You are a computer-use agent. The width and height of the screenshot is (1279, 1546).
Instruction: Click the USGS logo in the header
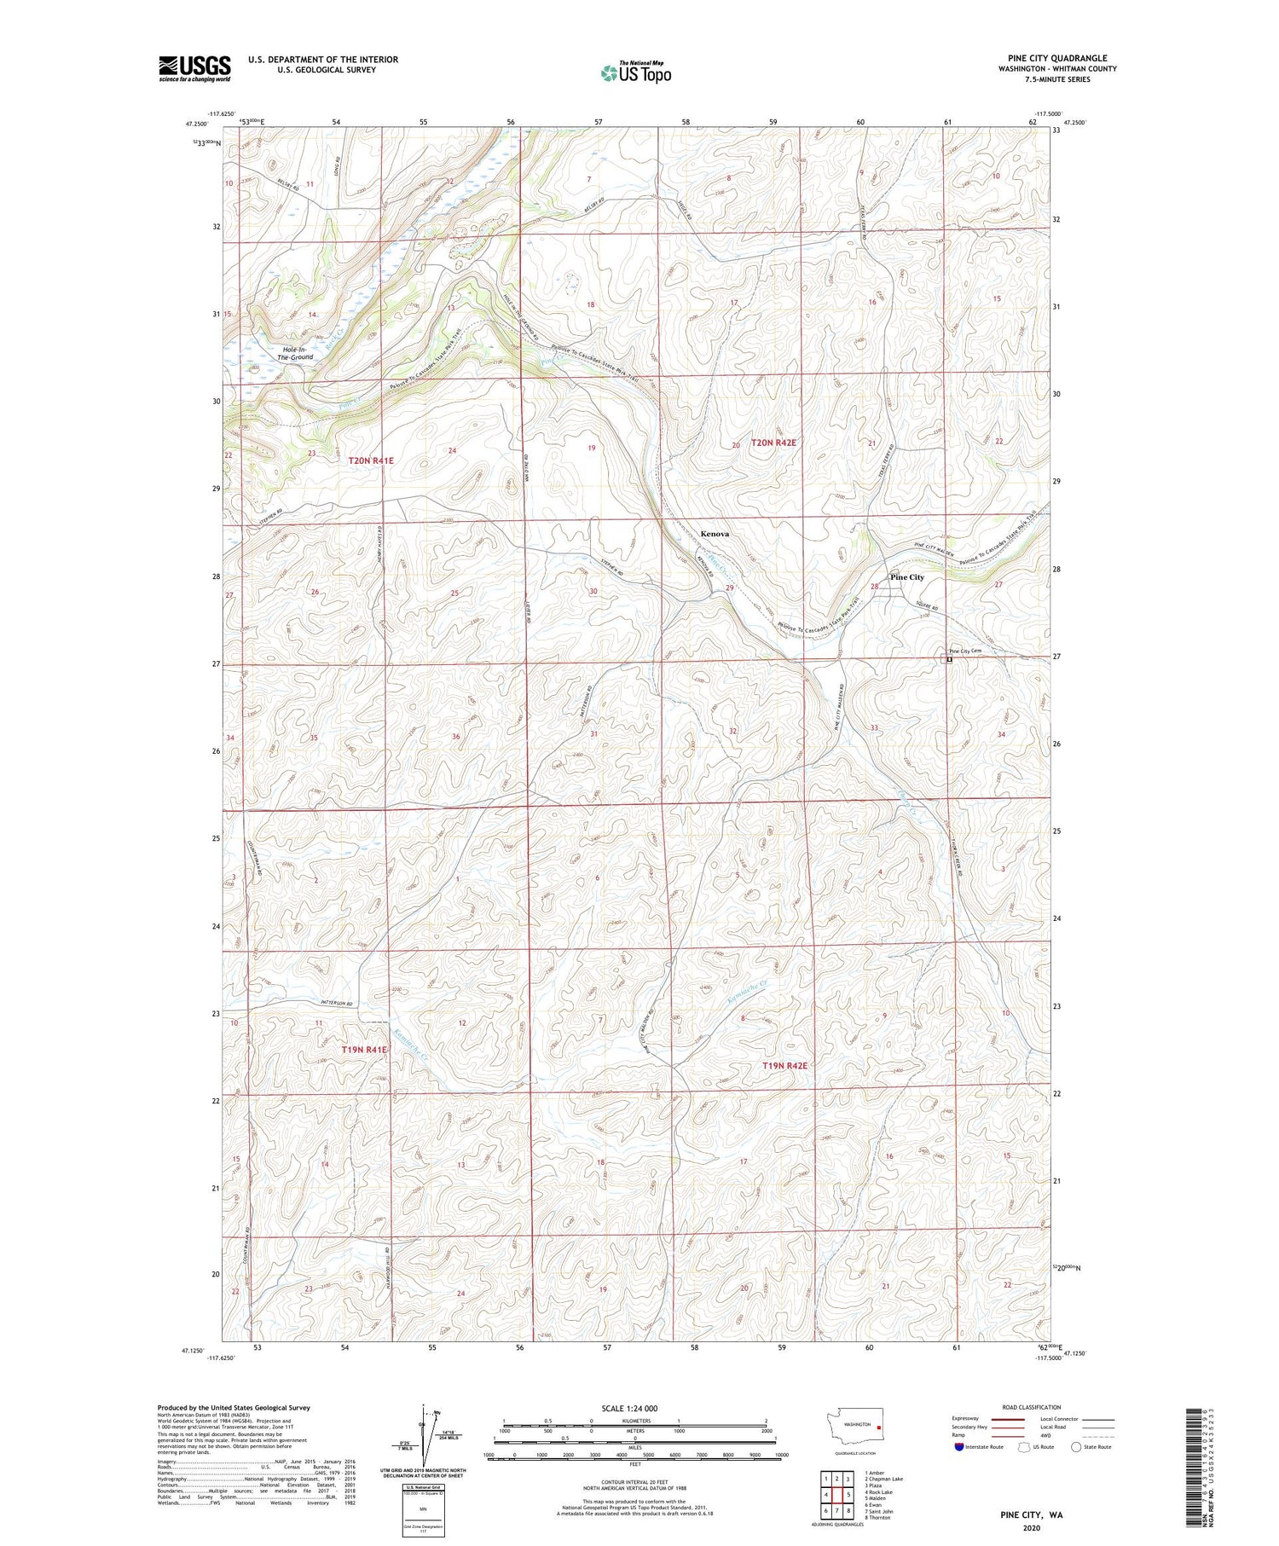click(194, 68)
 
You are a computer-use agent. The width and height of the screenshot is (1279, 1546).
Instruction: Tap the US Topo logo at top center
click(635, 73)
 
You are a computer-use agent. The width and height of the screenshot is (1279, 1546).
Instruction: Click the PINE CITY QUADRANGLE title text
click(1056, 58)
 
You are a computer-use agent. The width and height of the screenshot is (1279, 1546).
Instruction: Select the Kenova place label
click(715, 534)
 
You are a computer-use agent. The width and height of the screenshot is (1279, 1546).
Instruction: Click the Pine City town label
click(906, 577)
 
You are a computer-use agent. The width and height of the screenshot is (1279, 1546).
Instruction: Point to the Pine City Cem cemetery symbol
click(949, 659)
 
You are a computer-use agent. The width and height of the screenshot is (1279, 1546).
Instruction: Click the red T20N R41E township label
click(371, 460)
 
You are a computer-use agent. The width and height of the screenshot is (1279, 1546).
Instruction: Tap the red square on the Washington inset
click(878, 1425)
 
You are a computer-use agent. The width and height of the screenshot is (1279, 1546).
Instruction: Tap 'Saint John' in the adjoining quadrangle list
click(879, 1511)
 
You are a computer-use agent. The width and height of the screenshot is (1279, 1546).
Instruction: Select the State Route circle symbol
click(1076, 1447)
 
